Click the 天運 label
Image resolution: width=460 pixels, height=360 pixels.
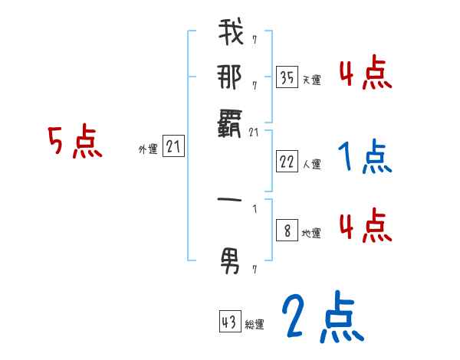pos(311,80)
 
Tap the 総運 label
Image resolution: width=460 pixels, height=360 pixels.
pos(255,326)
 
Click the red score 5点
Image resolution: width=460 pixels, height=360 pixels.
pos(74,142)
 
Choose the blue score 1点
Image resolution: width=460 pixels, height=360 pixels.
pos(364,157)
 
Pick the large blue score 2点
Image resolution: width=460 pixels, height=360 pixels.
pos(322,317)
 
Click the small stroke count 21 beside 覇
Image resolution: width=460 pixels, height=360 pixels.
pos(255,131)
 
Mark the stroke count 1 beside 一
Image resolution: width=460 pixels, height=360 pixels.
pos(255,209)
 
